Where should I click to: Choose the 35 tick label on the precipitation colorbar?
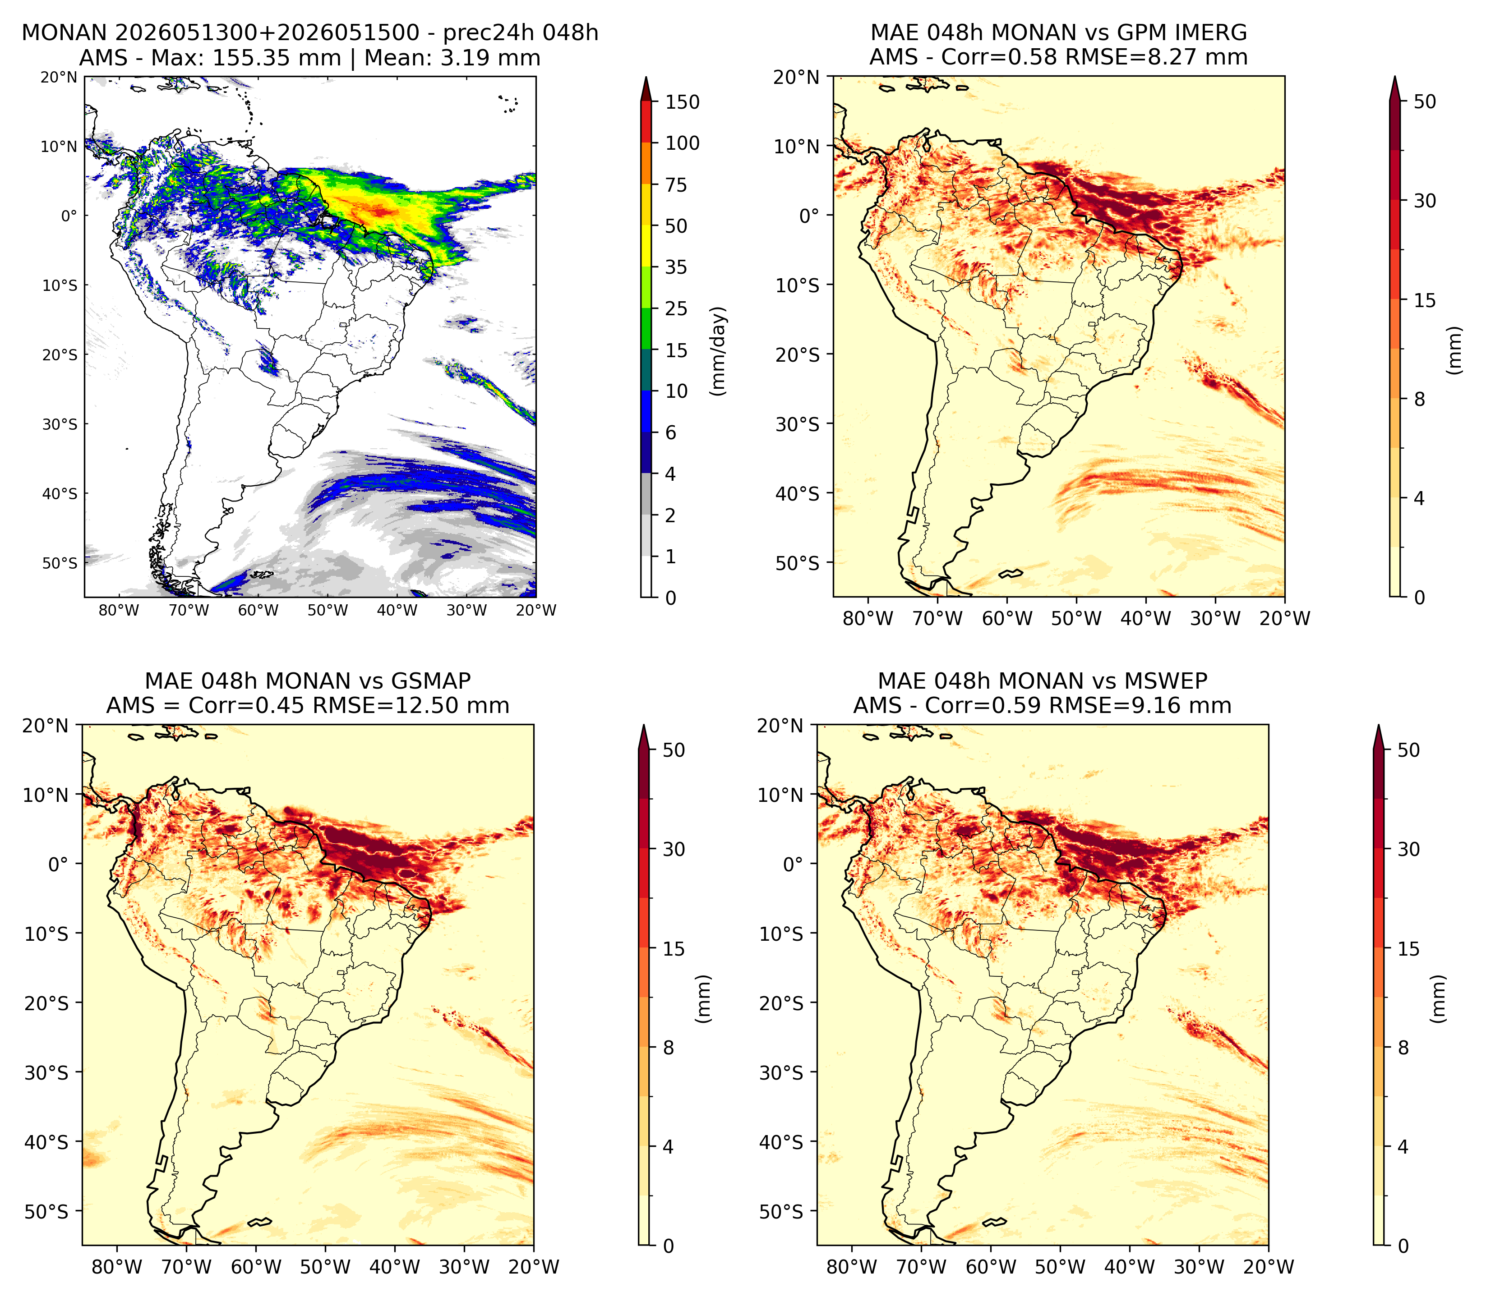tap(676, 267)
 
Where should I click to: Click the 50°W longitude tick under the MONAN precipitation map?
tap(327, 610)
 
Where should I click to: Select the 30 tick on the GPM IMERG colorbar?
tap(1425, 201)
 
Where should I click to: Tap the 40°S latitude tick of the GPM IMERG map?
tap(798, 494)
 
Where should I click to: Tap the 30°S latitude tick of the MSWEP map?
tap(781, 1072)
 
